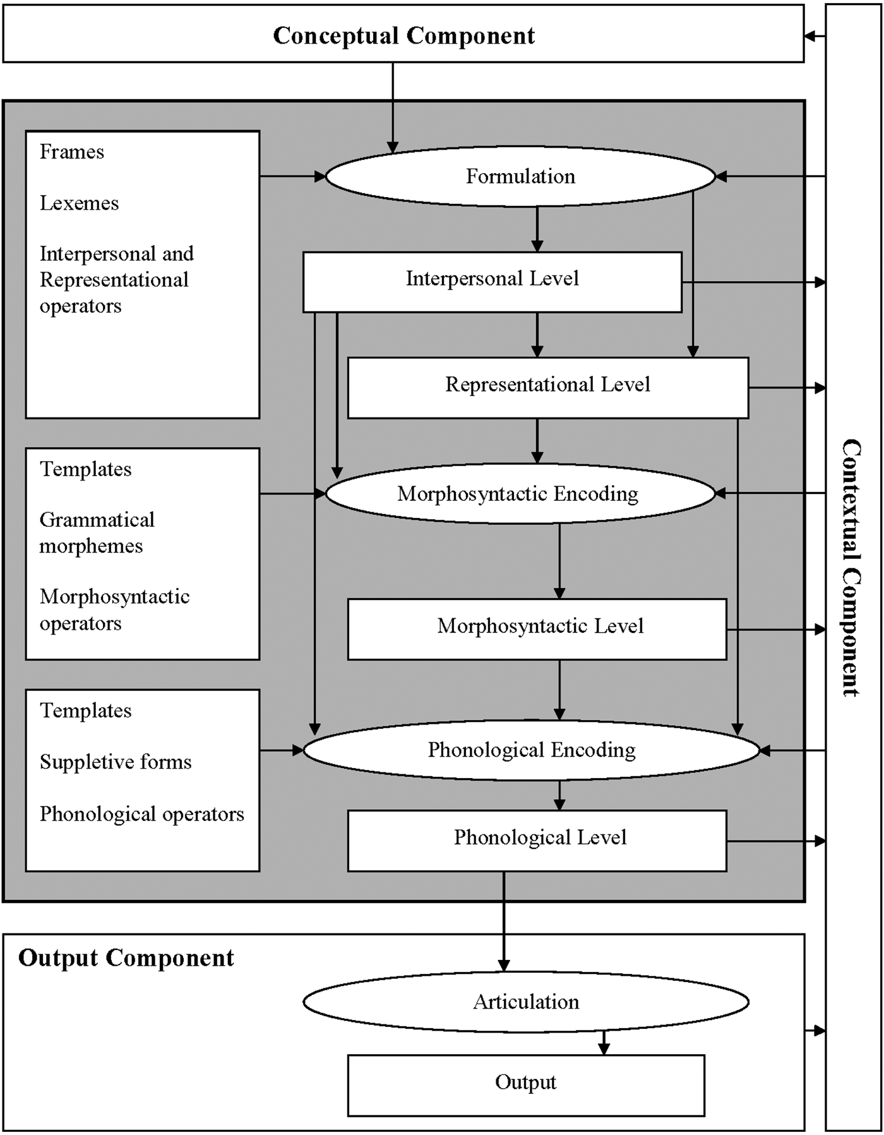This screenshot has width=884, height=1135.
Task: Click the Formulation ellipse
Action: (x=520, y=176)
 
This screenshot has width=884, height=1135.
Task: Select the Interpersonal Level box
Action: (x=493, y=282)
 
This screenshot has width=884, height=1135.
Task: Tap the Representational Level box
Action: (x=548, y=388)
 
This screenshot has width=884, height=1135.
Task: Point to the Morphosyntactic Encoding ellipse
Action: (x=520, y=493)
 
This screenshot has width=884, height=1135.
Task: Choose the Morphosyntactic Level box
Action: (x=537, y=629)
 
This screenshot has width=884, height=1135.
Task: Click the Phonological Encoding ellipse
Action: (x=532, y=750)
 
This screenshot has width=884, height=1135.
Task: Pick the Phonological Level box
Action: (x=537, y=841)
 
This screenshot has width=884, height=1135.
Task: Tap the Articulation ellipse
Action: (x=526, y=1002)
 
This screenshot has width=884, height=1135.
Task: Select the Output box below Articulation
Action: (x=526, y=1085)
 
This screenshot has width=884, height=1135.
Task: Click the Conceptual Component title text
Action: (x=403, y=35)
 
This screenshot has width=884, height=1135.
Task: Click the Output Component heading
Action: (x=126, y=958)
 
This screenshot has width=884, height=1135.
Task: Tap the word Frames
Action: (x=72, y=152)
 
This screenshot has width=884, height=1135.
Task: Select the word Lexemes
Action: (x=80, y=203)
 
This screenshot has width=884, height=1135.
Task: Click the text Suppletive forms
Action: (x=116, y=762)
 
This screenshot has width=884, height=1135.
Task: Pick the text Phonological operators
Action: (x=142, y=814)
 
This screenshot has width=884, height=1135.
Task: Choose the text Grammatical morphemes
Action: (x=97, y=532)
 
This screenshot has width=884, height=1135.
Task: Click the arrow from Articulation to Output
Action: (x=604, y=1043)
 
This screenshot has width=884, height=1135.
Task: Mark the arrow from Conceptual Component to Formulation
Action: (x=393, y=108)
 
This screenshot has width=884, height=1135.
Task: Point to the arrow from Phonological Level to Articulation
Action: (x=504, y=922)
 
